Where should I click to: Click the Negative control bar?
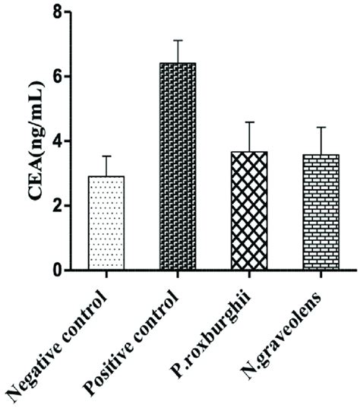point(106,223)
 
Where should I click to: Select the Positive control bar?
point(178,166)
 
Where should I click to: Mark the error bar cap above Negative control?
point(106,156)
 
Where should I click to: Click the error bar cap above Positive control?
point(178,40)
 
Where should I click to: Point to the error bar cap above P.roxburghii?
point(249,122)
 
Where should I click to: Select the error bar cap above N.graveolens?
point(321,127)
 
